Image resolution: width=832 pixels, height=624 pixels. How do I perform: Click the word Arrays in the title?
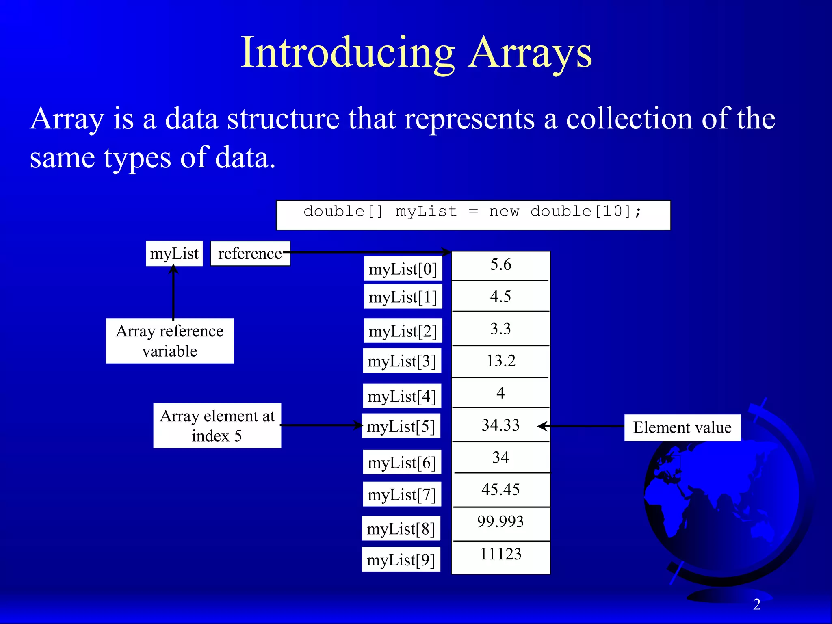(530, 53)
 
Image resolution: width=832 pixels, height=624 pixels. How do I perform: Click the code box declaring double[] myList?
(473, 215)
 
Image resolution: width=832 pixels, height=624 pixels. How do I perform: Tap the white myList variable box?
(174, 253)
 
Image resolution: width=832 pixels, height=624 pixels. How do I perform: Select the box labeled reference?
(250, 253)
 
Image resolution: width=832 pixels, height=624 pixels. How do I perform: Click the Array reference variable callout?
(169, 341)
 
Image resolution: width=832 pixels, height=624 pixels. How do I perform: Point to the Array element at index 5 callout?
(217, 426)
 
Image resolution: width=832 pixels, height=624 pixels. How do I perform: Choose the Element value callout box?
(682, 427)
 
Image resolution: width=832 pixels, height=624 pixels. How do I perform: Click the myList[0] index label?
(403, 269)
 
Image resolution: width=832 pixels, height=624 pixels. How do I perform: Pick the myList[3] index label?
(402, 361)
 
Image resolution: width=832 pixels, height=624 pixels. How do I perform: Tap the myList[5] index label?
(401, 426)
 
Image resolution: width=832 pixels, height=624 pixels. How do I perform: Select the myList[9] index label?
(401, 560)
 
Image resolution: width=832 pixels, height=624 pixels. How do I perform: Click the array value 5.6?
(500, 264)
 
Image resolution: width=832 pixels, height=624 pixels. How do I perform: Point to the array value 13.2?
(500, 361)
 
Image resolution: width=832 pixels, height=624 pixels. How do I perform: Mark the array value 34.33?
(500, 425)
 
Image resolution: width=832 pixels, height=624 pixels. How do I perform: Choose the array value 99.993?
(500, 522)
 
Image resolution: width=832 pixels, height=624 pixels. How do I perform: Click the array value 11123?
(500, 554)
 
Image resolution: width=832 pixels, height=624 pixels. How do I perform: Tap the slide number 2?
(756, 604)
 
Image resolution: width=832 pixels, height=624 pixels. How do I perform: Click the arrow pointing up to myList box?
(173, 292)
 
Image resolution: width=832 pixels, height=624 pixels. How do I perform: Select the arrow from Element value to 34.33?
(581, 426)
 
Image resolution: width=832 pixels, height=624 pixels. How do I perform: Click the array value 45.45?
(500, 490)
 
